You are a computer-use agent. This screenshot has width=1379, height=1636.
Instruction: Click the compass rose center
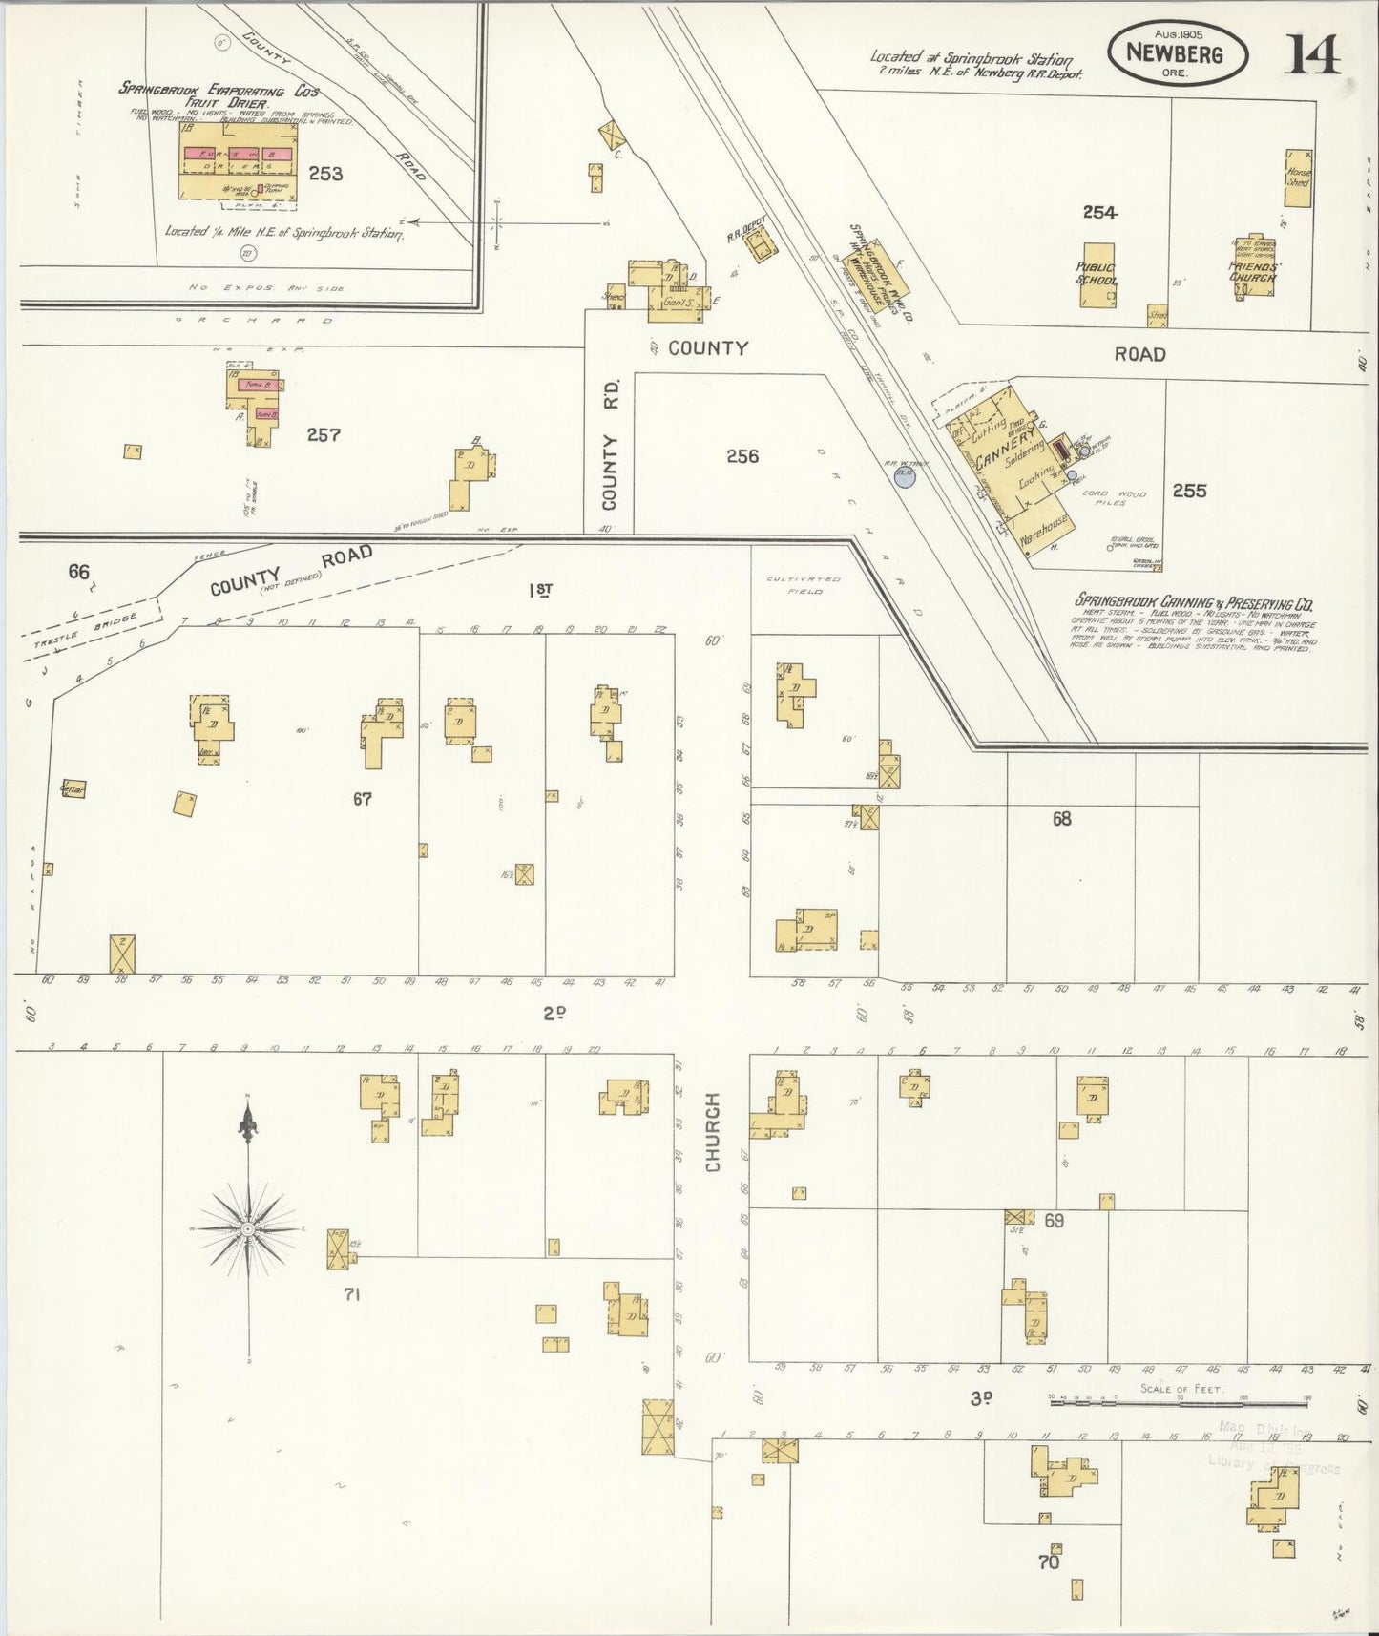(248, 1227)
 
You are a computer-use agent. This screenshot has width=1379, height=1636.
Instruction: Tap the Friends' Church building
(1252, 267)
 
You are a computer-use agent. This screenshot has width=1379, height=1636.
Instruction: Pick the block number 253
(325, 174)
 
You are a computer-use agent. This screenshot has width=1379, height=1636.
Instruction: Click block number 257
(324, 434)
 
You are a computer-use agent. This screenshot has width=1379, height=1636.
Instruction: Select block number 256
(742, 456)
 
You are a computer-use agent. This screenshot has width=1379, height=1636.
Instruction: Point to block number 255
(1189, 491)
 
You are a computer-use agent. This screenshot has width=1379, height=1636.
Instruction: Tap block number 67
(362, 799)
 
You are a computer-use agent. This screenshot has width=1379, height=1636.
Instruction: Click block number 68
(1061, 818)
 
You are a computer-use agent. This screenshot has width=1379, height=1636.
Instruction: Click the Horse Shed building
(1298, 178)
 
